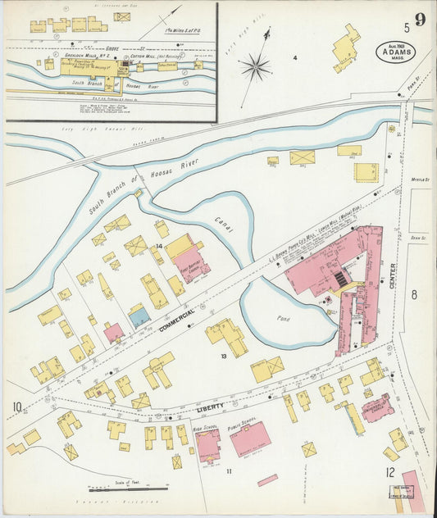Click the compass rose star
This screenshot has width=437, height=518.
point(257,66)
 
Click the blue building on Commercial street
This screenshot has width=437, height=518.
point(139,316)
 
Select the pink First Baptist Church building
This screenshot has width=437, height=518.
point(193,264)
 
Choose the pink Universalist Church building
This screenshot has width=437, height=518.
point(377,407)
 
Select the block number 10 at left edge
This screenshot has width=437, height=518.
point(16,407)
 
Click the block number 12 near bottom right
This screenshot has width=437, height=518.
point(390,472)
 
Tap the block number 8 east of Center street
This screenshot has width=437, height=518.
point(414,295)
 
